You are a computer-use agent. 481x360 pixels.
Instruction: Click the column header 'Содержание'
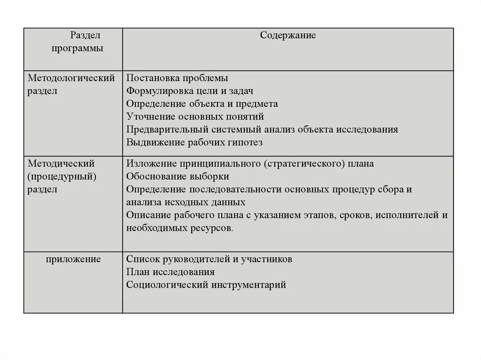point(288,36)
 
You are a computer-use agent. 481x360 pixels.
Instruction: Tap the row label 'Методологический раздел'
point(71,84)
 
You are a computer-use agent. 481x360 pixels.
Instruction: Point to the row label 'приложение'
point(73,259)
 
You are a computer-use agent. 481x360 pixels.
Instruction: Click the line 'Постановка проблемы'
point(177,78)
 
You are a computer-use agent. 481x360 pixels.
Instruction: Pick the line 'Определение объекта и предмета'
point(202,104)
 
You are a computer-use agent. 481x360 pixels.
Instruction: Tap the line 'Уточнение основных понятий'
point(195,116)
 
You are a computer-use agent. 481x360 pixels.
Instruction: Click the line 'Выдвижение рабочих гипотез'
point(194,142)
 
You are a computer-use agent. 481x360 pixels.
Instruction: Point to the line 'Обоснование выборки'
point(178,176)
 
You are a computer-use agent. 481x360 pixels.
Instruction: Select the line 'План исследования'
point(171,272)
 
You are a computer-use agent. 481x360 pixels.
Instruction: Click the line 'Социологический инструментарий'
point(206,284)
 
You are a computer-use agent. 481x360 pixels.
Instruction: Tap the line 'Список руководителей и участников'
point(209,259)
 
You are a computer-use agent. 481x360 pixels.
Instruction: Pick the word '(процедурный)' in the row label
point(62,176)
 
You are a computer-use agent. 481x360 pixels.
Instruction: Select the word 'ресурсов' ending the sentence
point(213,228)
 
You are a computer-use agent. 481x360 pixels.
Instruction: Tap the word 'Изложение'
point(147,164)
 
